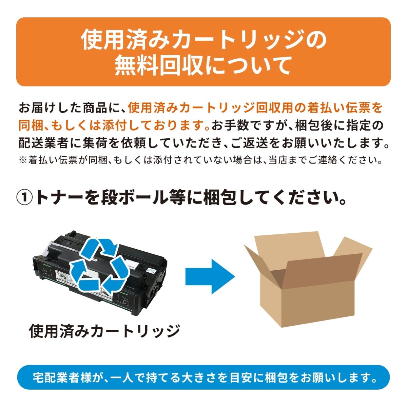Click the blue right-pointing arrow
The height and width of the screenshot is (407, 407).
click(210, 276)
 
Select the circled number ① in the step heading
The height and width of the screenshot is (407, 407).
click(25, 198)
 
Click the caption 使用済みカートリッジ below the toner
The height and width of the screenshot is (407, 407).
click(104, 331)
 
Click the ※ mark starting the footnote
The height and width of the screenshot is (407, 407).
click(23, 160)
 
